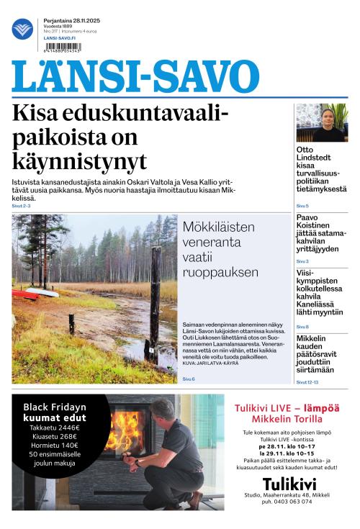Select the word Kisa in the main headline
[x=38, y=114]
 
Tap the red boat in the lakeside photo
[x=26, y=293]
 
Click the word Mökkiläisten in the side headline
[x=218, y=227]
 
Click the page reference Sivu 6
[x=189, y=379]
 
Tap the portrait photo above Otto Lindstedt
[x=322, y=122]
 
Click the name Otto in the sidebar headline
[x=305, y=150]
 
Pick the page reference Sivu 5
[x=302, y=206]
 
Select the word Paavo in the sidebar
[x=307, y=217]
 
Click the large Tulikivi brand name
[x=290, y=484]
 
